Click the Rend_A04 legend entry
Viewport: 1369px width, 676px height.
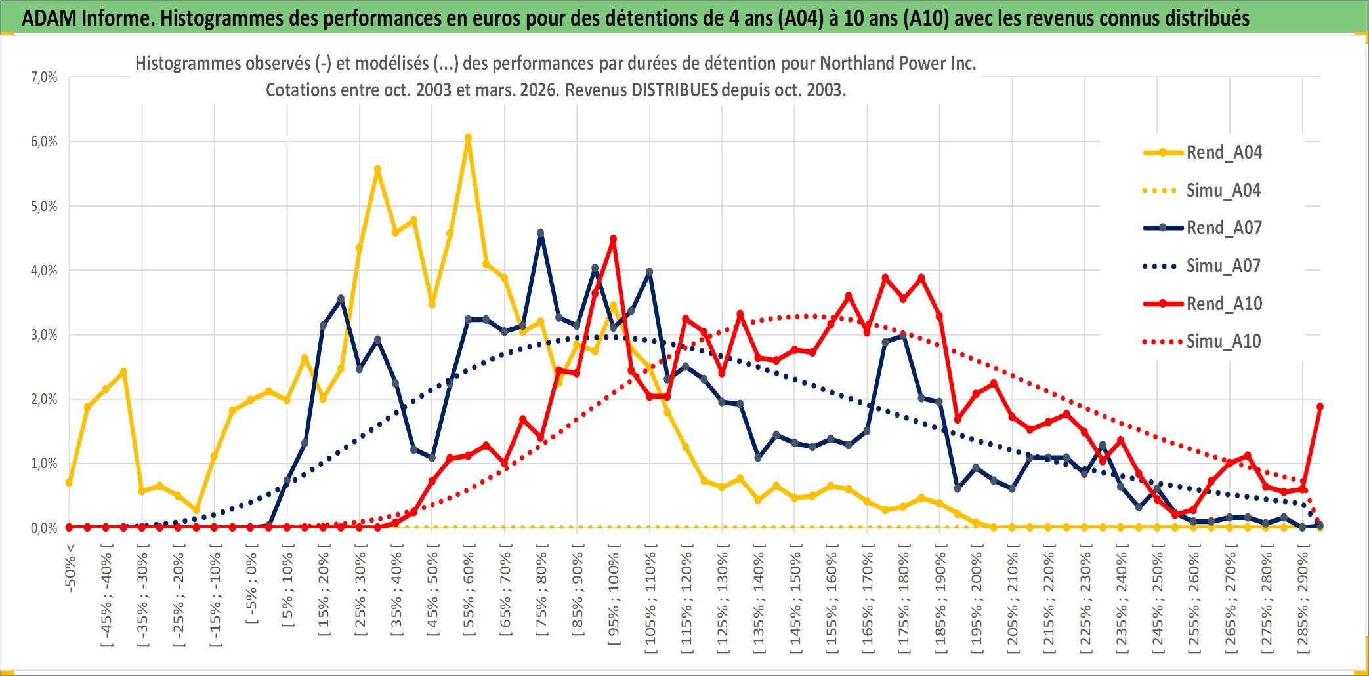[x=1223, y=153]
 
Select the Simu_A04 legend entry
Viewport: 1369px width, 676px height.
[x=1223, y=191]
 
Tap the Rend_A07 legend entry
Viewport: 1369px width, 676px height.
[x=1223, y=228]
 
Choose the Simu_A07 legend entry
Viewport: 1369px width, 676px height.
[x=1223, y=266]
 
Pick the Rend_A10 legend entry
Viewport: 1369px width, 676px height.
[x=1223, y=304]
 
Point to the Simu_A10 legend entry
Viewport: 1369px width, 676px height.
[x=1223, y=341]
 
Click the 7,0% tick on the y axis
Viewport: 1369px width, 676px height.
[x=44, y=77]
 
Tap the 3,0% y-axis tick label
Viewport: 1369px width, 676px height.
[x=44, y=335]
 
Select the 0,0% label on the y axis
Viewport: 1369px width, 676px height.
[x=44, y=528]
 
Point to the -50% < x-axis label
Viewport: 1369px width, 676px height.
[x=70, y=568]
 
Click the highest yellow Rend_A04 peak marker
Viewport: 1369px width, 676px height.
[x=468, y=138]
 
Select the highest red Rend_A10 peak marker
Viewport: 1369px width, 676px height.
[x=613, y=239]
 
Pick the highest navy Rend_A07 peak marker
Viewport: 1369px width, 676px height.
[x=541, y=233]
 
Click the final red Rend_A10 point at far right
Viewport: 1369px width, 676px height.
[x=1320, y=407]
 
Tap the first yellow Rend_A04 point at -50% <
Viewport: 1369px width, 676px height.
[x=69, y=483]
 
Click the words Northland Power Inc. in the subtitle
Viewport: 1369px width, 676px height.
[x=898, y=63]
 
